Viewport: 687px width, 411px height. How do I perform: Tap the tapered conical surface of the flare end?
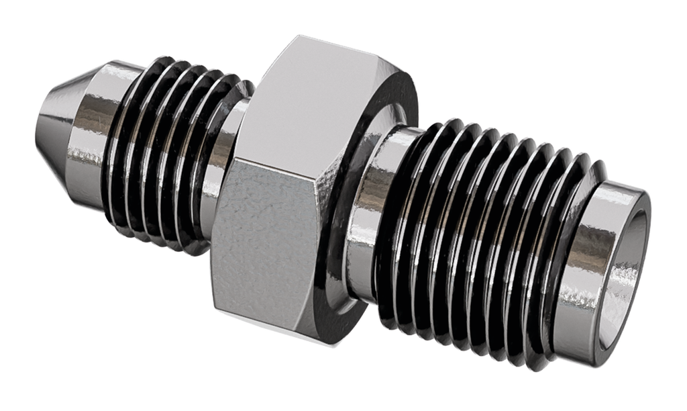[x=64, y=128]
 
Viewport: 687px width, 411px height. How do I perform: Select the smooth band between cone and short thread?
[x=101, y=134]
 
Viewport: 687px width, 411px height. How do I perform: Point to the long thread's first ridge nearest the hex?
[x=396, y=222]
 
